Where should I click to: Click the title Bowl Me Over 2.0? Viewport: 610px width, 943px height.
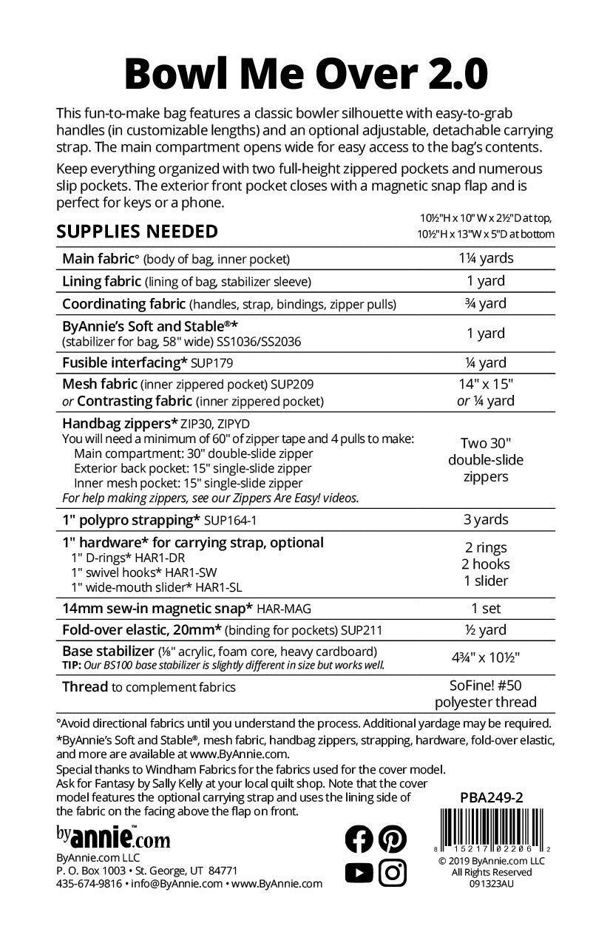pos(304,72)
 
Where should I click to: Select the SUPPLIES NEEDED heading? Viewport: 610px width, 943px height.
pos(138,231)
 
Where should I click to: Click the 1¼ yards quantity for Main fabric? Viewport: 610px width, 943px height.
pos(486,259)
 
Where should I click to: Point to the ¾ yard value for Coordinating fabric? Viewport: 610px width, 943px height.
pos(486,303)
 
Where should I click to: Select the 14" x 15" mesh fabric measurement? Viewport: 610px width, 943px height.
pos(486,385)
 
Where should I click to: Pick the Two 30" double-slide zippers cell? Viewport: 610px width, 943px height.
pos(486,459)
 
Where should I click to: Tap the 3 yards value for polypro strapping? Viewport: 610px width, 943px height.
pos(486,519)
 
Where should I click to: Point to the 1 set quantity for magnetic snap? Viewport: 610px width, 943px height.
pos(486,608)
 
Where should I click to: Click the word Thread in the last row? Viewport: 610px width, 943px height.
pos(85,687)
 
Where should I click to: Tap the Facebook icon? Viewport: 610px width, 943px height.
pos(360,839)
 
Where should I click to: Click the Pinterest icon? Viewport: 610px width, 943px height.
pos(393,839)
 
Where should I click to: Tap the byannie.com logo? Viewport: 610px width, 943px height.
pos(113,836)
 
